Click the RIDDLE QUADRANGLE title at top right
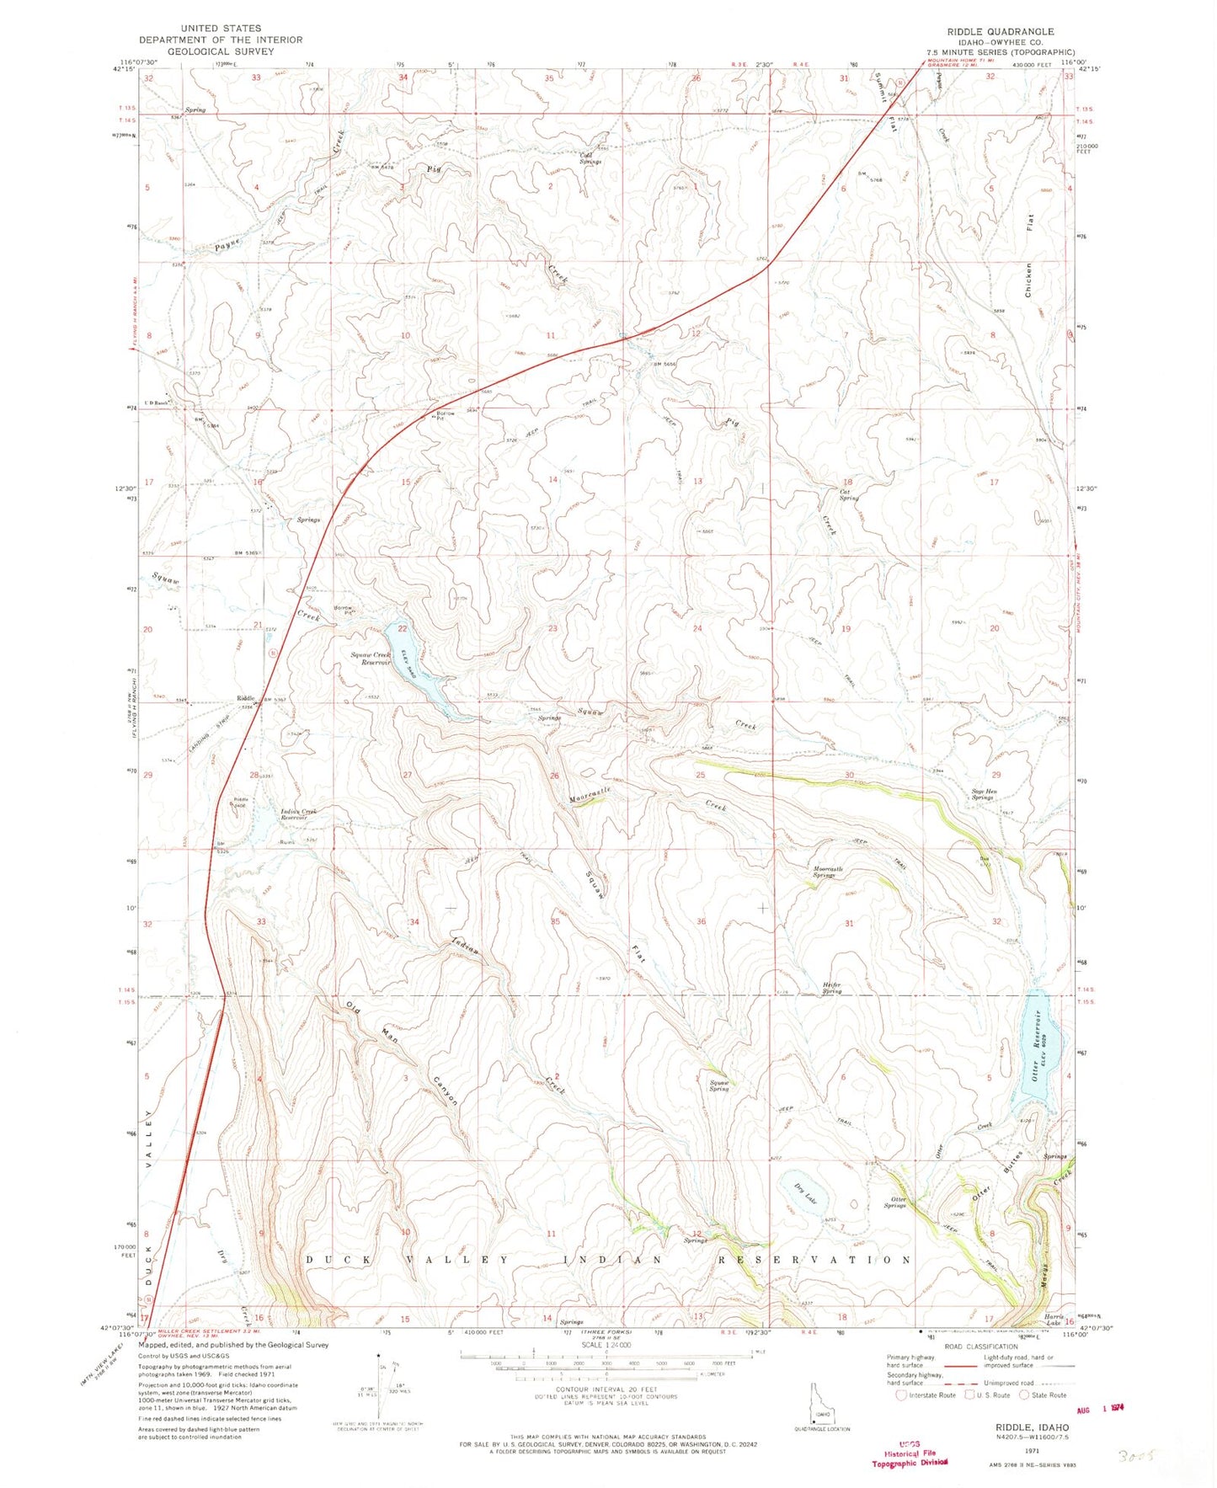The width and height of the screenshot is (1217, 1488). [x=1000, y=31]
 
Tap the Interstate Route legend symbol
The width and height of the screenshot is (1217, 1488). [x=902, y=1395]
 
